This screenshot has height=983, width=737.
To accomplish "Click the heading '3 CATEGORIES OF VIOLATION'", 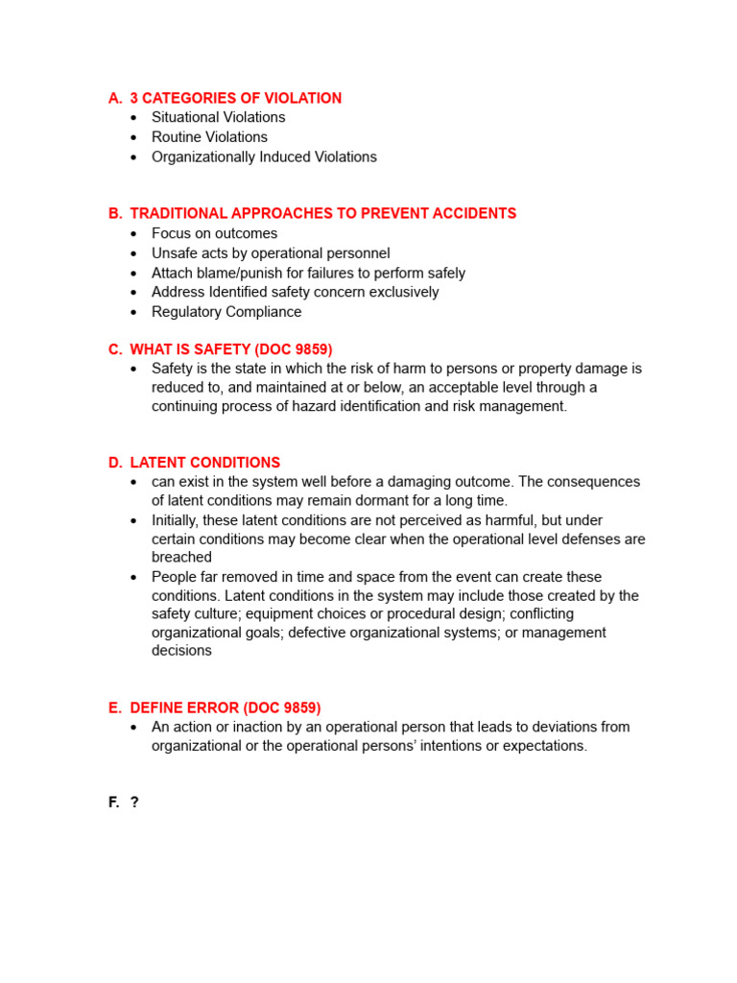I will (x=235, y=98).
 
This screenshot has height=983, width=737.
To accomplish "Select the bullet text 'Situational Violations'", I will (x=218, y=117).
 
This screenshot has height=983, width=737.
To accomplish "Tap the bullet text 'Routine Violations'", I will (x=209, y=137).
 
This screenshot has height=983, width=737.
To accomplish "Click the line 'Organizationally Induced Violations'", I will (x=264, y=157).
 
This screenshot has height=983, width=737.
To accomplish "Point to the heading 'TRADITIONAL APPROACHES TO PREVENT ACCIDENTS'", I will (x=322, y=213).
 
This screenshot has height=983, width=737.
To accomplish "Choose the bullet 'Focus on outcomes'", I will (x=214, y=233).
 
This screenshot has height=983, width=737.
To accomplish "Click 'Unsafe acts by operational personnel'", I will (x=271, y=253).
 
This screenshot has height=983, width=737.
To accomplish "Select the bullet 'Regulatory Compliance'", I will (x=226, y=312).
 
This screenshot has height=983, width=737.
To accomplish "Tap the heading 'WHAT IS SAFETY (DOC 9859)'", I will (x=231, y=349).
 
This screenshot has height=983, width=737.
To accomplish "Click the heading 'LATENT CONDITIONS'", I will (x=205, y=463).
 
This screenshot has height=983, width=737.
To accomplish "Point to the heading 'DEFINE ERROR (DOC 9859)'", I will (x=226, y=707).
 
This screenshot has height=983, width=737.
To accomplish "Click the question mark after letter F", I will (x=134, y=803).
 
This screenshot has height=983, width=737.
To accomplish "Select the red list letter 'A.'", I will (x=115, y=98).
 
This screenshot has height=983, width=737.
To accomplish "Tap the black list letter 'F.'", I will (x=114, y=803).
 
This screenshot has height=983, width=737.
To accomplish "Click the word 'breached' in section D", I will (x=181, y=557).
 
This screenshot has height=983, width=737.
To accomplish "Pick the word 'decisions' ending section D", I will (x=181, y=651).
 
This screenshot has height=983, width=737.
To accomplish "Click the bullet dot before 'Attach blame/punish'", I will (x=133, y=274).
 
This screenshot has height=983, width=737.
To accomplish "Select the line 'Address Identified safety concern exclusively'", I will (x=295, y=292).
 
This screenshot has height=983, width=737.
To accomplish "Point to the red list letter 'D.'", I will (x=115, y=463).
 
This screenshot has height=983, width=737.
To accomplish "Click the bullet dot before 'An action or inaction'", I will (x=133, y=728).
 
